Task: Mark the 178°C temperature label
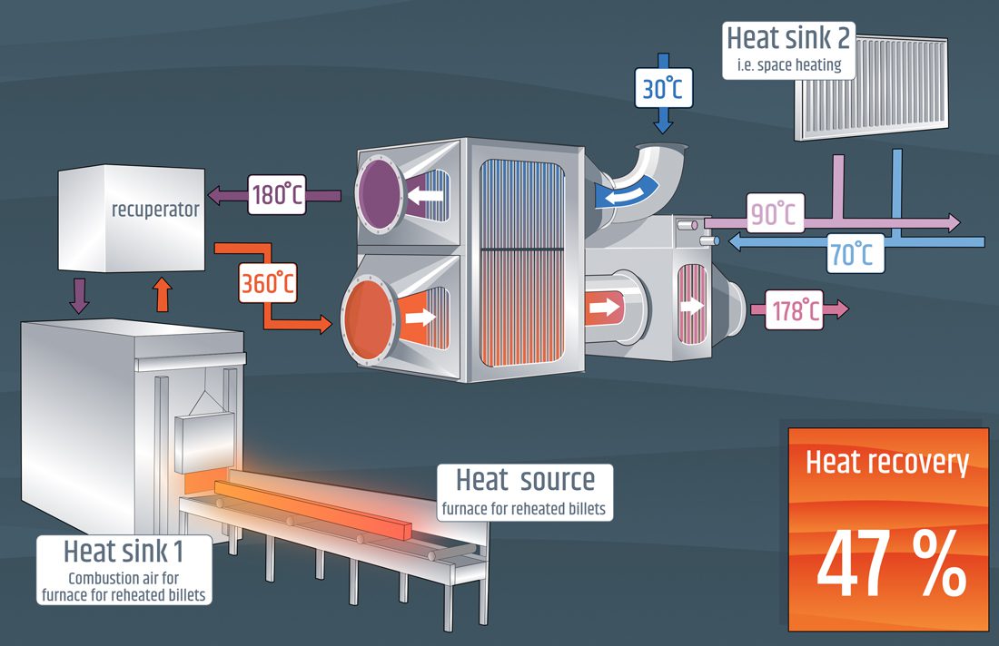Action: click(793, 309)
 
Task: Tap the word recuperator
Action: click(155, 210)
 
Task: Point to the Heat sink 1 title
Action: click(125, 550)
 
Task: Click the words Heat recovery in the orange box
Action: click(887, 463)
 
